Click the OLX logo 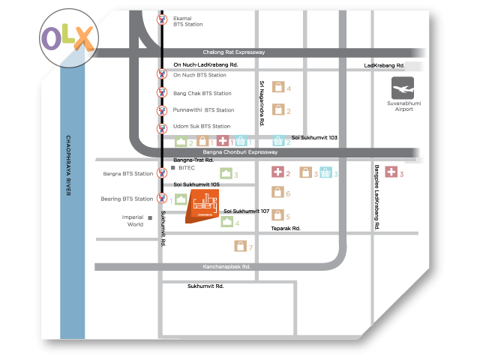(68, 36)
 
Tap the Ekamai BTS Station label (187, 21)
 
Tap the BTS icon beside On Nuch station (161, 74)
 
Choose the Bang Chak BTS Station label (202, 93)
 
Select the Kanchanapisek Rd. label (226, 266)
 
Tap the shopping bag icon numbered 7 (240, 247)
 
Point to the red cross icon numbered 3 (391, 173)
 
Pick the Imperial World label (135, 220)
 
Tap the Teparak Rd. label (286, 228)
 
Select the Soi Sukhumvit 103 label (314, 138)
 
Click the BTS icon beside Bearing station (161, 199)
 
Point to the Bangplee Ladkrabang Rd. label (376, 197)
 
